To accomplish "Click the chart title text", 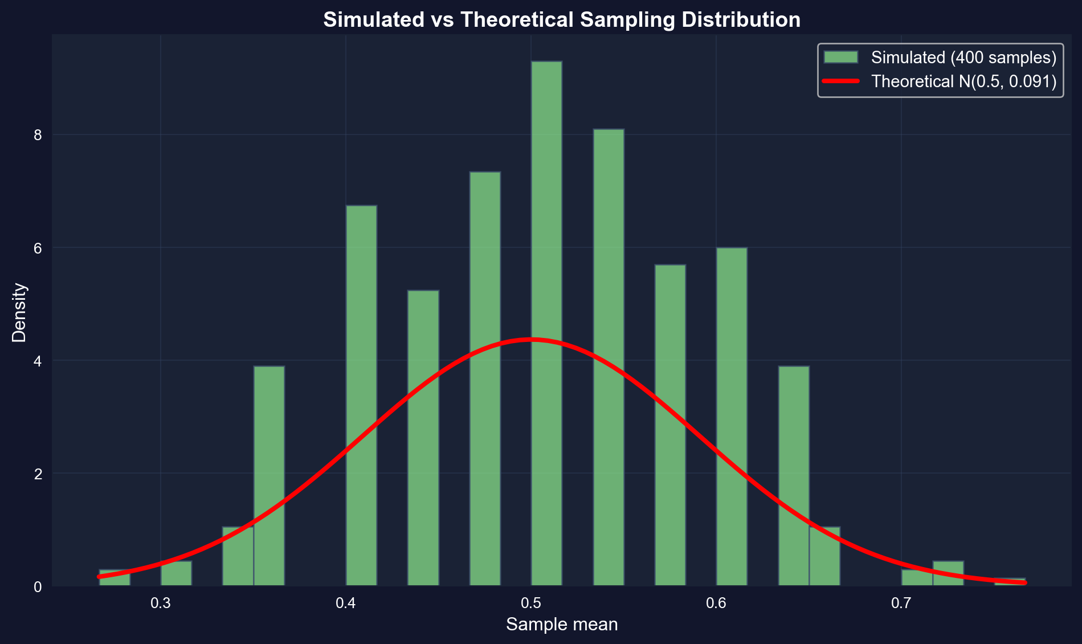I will pyautogui.click(x=561, y=20).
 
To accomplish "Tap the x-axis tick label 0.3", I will pyautogui.click(x=161, y=604).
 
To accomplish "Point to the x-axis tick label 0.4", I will pyautogui.click(x=346, y=604).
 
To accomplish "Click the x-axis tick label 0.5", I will pyautogui.click(x=531, y=604).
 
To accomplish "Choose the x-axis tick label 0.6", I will pyautogui.click(x=716, y=604).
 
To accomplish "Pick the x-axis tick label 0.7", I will pyautogui.click(x=901, y=604).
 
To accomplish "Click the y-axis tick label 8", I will pyautogui.click(x=38, y=135).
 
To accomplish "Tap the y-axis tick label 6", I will pyautogui.click(x=38, y=248).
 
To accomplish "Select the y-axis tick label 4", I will pyautogui.click(x=38, y=361).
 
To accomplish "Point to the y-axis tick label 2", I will pyautogui.click(x=38, y=474).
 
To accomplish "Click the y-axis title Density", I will pyautogui.click(x=19, y=312).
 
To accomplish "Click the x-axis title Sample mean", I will pyautogui.click(x=561, y=625).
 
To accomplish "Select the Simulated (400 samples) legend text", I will pyautogui.click(x=963, y=58).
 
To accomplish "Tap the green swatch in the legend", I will pyautogui.click(x=840, y=58).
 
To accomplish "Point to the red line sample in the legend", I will pyautogui.click(x=840, y=81).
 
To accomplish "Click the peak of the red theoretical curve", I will pyautogui.click(x=531, y=340).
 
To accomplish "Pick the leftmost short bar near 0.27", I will pyautogui.click(x=115, y=578).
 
